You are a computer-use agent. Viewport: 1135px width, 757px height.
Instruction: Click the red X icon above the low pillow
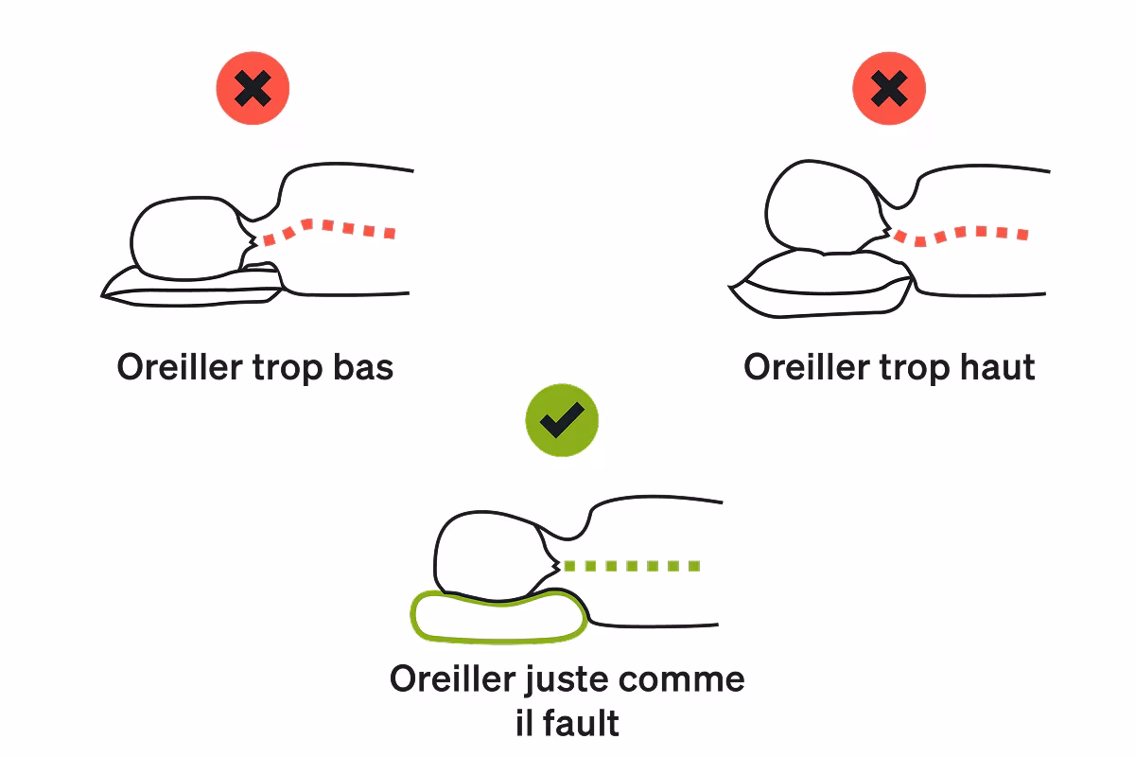pos(253,90)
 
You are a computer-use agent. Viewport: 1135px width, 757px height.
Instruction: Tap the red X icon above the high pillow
pos(888,90)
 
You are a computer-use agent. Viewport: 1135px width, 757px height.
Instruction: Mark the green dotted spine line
pos(631,566)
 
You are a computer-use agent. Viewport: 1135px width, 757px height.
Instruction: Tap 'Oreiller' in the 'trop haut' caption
pos(805,367)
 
